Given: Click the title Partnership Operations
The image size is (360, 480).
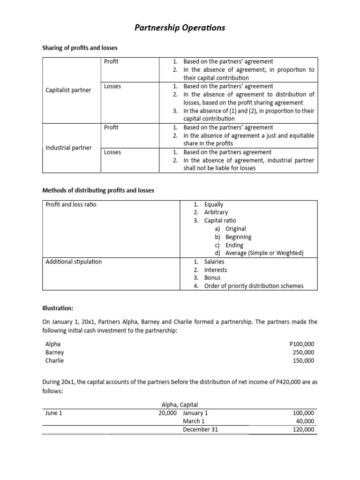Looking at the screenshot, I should click(180, 28).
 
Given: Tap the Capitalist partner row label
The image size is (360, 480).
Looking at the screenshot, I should click(68, 90).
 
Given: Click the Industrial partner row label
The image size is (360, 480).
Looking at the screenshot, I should click(68, 148).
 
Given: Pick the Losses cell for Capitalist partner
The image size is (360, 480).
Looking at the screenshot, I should click(112, 86).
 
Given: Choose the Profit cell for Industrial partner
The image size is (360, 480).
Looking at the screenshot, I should click(112, 127).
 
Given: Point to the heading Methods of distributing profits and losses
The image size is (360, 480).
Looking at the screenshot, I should click(98, 190).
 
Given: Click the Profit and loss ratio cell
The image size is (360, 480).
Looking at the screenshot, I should click(71, 204).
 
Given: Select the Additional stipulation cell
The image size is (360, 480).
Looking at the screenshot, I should click(74, 262).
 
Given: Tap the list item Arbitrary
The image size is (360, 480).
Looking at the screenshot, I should click(216, 212).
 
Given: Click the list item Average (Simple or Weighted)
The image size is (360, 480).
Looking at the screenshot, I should click(264, 253).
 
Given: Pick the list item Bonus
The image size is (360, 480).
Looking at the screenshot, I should click(212, 277).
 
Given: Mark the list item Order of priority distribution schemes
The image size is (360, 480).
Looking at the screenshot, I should click(254, 286).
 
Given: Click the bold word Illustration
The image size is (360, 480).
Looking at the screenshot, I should click(58, 308).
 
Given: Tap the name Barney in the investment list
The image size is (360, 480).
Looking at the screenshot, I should click(55, 352).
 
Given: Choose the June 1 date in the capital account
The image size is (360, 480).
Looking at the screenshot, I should click(53, 413).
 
